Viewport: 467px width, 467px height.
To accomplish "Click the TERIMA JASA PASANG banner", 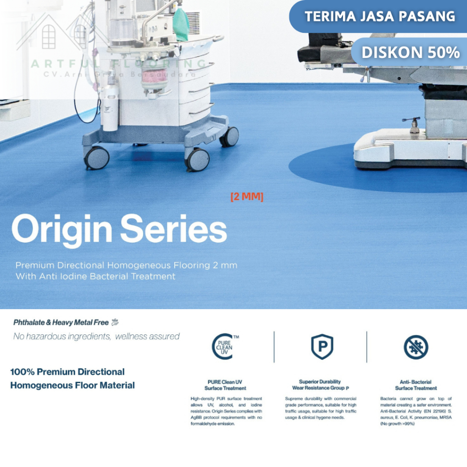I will coord(379,16).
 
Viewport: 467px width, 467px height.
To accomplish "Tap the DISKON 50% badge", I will coord(410,52).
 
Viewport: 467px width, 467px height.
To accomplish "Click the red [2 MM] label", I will coord(247,197).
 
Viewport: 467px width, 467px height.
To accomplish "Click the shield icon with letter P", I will coord(322,347).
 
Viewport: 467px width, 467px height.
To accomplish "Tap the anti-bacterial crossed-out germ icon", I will coord(416,347).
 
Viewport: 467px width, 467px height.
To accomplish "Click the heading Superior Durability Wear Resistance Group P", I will coord(320,384).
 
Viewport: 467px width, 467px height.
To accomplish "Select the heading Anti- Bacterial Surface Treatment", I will coord(415,385).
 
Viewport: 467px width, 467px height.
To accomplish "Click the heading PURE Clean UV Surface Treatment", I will coord(225,385).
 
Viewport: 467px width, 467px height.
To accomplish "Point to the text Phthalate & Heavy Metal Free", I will coord(61,322).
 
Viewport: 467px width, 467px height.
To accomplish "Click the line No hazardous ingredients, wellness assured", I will coord(96,337).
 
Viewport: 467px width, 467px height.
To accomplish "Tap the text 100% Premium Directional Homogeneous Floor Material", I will coord(72,379).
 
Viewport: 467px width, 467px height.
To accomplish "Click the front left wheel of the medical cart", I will coord(97,158).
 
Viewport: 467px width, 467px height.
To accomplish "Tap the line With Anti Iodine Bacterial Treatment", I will coord(95,276).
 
